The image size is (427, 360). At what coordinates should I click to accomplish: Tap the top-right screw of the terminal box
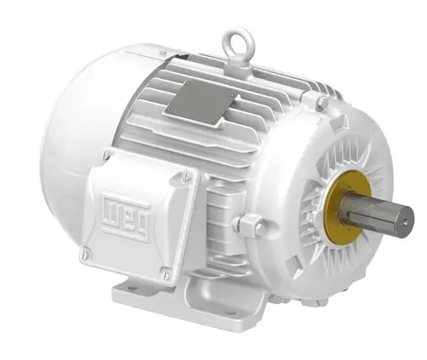pos(185,177)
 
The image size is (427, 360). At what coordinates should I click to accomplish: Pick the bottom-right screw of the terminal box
pos(166,275)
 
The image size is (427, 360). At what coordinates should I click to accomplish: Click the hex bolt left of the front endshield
pos(248,225)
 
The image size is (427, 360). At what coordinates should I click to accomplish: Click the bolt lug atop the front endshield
pos(321,103)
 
